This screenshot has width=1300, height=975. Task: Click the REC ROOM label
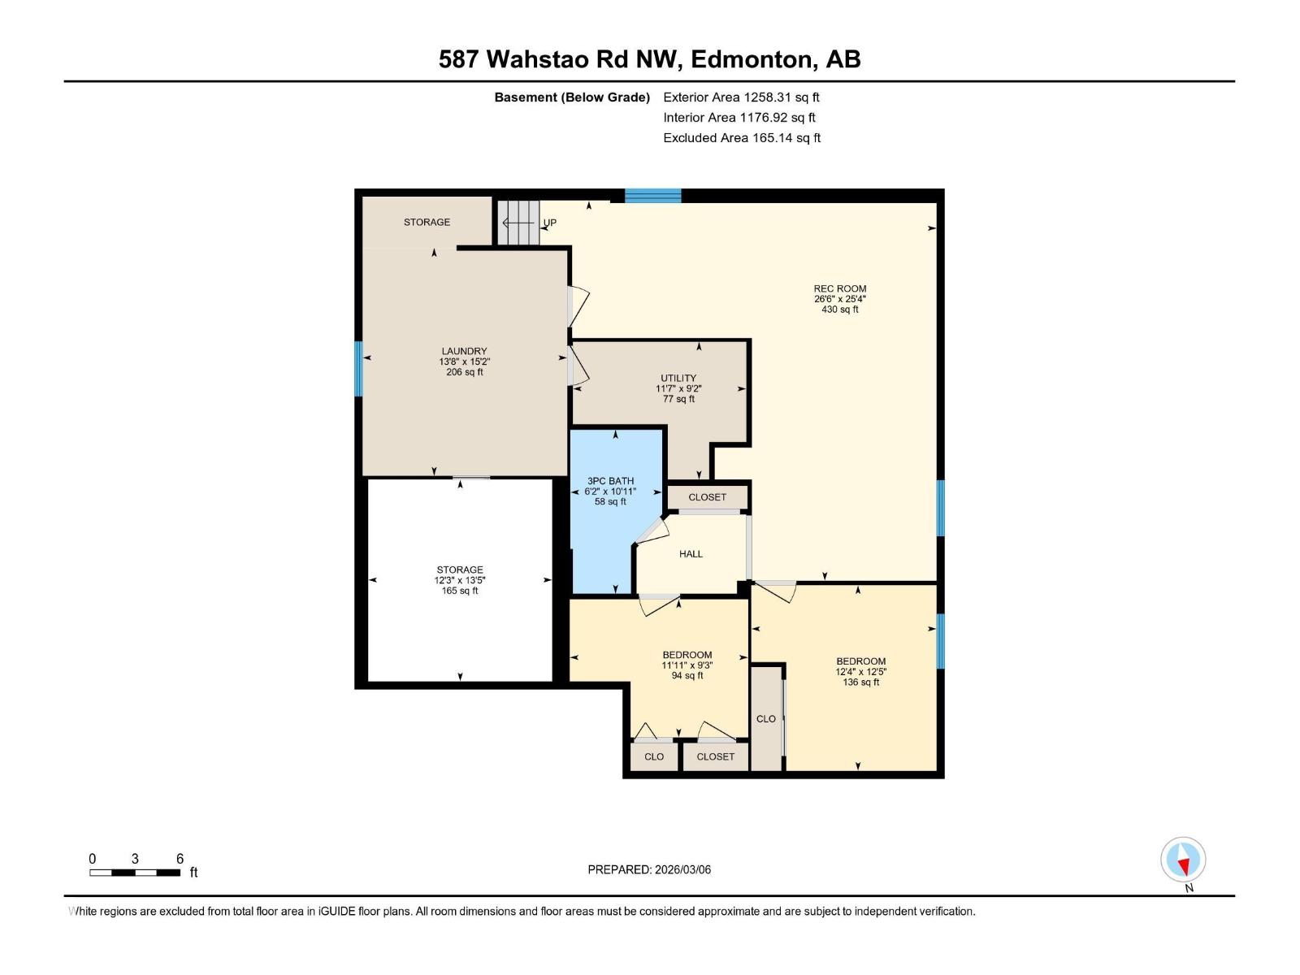pyautogui.click(x=839, y=288)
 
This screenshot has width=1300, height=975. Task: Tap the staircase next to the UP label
pyautogui.click(x=518, y=222)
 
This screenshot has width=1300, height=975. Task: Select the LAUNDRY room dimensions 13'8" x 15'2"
pyautogui.click(x=464, y=362)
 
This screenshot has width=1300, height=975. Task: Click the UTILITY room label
pyautogui.click(x=678, y=378)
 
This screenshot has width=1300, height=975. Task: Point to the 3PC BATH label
pyautogui.click(x=610, y=481)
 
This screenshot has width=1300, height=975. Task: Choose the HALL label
pyautogui.click(x=691, y=554)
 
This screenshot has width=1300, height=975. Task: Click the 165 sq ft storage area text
pyautogui.click(x=460, y=591)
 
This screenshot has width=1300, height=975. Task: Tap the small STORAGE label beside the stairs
pyautogui.click(x=427, y=222)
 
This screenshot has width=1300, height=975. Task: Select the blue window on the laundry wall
pyautogui.click(x=358, y=368)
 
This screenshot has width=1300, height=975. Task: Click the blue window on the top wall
pyautogui.click(x=652, y=195)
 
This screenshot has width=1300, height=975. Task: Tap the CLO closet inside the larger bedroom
pyautogui.click(x=766, y=718)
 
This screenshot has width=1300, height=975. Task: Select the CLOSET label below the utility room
pyautogui.click(x=707, y=497)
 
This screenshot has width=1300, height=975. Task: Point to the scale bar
pyautogui.click(x=135, y=873)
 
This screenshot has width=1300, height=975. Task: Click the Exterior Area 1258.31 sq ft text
pyautogui.click(x=741, y=97)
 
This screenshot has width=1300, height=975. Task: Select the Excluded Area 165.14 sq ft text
pyautogui.click(x=741, y=138)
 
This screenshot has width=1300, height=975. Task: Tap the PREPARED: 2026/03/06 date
pyautogui.click(x=649, y=869)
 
